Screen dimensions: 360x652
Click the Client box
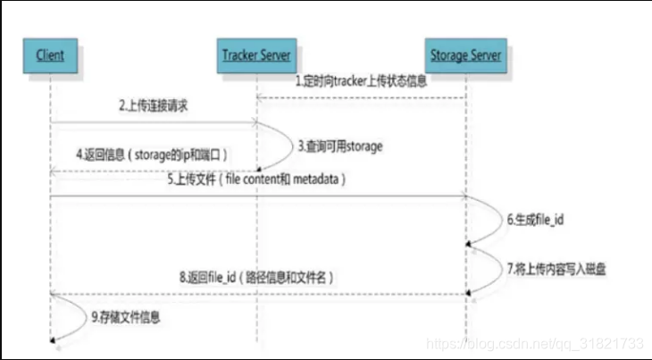click(x=50, y=55)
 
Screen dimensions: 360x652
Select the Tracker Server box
click(x=257, y=55)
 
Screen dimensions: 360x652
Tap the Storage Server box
click(x=465, y=55)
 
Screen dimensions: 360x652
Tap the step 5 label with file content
click(x=257, y=180)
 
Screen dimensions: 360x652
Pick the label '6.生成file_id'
click(x=530, y=218)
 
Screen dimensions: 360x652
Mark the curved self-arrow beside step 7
click(x=493, y=268)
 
